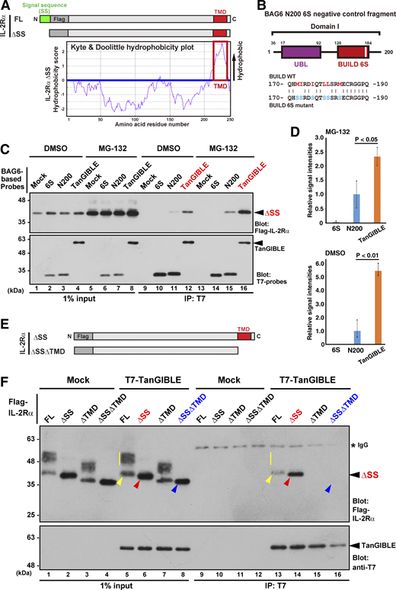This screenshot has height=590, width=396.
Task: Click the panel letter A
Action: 6,6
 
